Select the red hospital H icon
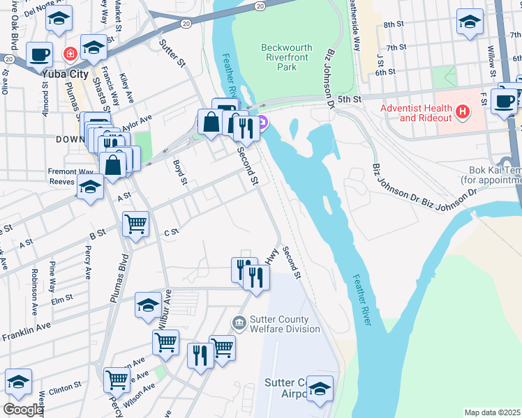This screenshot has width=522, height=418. tap(461, 111)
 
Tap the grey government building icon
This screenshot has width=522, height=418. tap(239, 321)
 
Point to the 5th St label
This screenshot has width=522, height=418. tap(347, 100)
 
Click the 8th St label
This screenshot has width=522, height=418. tap(395, 24)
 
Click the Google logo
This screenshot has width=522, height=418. tap(22, 409)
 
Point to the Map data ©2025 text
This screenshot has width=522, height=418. tap(492, 412)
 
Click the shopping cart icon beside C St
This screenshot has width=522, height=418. tap(135, 224)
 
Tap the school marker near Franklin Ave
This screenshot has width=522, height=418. tap(147, 305)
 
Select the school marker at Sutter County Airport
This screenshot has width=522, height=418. tap(320, 389)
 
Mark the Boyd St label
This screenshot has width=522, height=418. tap(180, 172)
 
